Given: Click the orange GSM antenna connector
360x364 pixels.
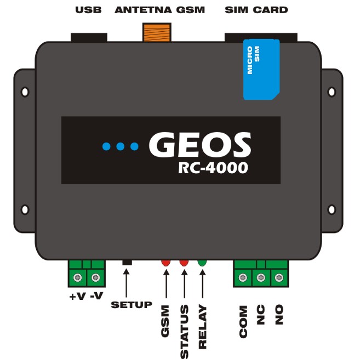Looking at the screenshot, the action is [x=157, y=32].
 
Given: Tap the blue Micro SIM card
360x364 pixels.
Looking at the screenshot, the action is [x=261, y=70].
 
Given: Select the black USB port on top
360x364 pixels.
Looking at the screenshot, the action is [x=89, y=38].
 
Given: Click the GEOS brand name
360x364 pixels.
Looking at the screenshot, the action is [x=200, y=144].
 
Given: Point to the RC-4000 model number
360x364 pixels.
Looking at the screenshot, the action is [x=213, y=168].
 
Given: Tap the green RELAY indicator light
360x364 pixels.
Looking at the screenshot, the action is [x=202, y=263].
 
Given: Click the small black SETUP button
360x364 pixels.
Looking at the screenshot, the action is [x=127, y=263].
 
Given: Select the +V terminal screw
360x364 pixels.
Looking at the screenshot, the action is [x=77, y=277].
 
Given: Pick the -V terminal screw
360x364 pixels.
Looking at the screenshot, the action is [x=96, y=277].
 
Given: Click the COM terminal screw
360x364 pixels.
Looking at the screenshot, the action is [x=243, y=277].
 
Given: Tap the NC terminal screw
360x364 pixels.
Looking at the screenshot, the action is [x=261, y=277].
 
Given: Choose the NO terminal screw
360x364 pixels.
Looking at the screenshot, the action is [x=279, y=277].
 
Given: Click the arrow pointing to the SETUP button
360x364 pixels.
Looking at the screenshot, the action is [x=127, y=283].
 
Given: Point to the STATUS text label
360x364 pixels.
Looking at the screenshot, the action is [x=184, y=332].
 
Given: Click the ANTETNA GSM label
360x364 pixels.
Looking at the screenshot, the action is [x=159, y=10].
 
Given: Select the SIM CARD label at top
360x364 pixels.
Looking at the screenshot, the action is [x=256, y=10].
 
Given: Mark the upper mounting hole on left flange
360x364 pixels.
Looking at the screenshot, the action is [x=25, y=92].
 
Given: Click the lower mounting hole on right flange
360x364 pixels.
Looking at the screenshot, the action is [x=332, y=209].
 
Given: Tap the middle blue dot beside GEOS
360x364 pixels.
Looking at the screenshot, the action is [x=120, y=146].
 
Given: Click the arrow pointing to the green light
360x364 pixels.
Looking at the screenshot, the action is [x=202, y=283].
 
